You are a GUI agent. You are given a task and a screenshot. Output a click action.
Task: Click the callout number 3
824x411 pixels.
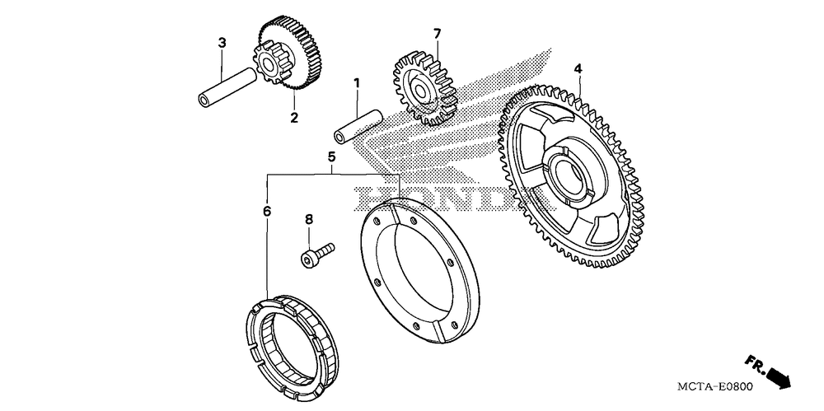[222, 42]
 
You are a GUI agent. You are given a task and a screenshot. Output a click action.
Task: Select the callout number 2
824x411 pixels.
[293, 118]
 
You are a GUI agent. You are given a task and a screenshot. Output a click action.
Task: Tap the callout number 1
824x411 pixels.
[357, 83]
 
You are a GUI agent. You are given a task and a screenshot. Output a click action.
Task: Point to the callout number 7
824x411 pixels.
[438, 34]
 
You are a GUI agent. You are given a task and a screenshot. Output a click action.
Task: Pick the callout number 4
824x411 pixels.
[579, 68]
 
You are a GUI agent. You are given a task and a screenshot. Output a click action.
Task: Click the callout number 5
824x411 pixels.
[331, 156]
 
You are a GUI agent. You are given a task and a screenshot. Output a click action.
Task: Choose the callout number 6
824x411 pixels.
[267, 211]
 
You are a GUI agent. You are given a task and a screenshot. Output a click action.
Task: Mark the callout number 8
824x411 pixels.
[309, 220]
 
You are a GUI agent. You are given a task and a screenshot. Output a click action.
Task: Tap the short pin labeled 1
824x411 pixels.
[358, 124]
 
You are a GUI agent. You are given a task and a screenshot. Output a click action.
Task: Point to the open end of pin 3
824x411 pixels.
[202, 100]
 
